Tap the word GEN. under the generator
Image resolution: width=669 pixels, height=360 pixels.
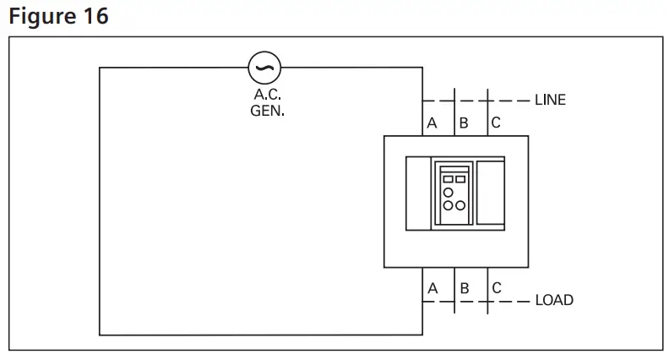point(268,111)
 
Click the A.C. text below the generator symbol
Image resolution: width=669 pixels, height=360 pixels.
point(267,95)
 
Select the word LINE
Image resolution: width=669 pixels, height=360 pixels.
point(550,100)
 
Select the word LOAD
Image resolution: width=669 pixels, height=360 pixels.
point(554,300)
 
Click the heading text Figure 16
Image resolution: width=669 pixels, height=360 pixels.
point(58,16)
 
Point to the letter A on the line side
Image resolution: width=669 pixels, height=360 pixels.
point(432,123)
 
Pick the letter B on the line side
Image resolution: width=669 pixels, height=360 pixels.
point(463,123)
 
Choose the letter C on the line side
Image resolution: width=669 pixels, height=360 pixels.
point(495,123)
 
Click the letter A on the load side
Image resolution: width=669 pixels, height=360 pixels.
point(432,288)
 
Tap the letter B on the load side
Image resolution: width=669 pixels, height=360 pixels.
point(464,288)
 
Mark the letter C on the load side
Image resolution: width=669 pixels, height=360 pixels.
point(496,288)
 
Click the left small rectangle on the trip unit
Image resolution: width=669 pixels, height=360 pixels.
point(448,179)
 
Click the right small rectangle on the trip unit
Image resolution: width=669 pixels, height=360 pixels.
point(460,179)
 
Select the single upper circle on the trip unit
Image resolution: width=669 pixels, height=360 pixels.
point(448,192)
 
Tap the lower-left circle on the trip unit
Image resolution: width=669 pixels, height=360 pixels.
point(448,205)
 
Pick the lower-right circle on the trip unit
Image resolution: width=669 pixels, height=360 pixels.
point(460,205)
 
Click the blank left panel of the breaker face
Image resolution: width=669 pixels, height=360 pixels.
point(418,194)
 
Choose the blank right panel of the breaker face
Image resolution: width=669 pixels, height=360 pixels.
point(490,194)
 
